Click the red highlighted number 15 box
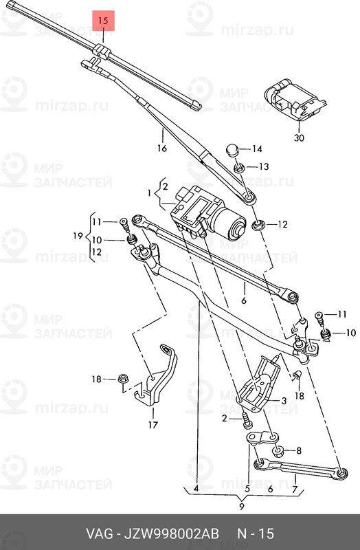point(103,21)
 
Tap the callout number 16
point(161,148)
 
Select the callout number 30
point(299,138)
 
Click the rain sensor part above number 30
point(295,99)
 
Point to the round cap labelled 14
point(232,149)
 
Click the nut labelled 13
point(239,168)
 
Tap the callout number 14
point(257,149)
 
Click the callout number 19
point(78,236)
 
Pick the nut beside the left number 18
point(122,379)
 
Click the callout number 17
point(153,425)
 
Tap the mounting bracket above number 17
point(157,376)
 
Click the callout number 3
point(284,401)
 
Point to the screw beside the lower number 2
point(247,420)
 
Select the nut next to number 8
point(279,451)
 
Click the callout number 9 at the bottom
point(242,506)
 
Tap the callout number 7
point(295,488)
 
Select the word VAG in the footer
point(100,533)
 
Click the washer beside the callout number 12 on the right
point(260,225)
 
